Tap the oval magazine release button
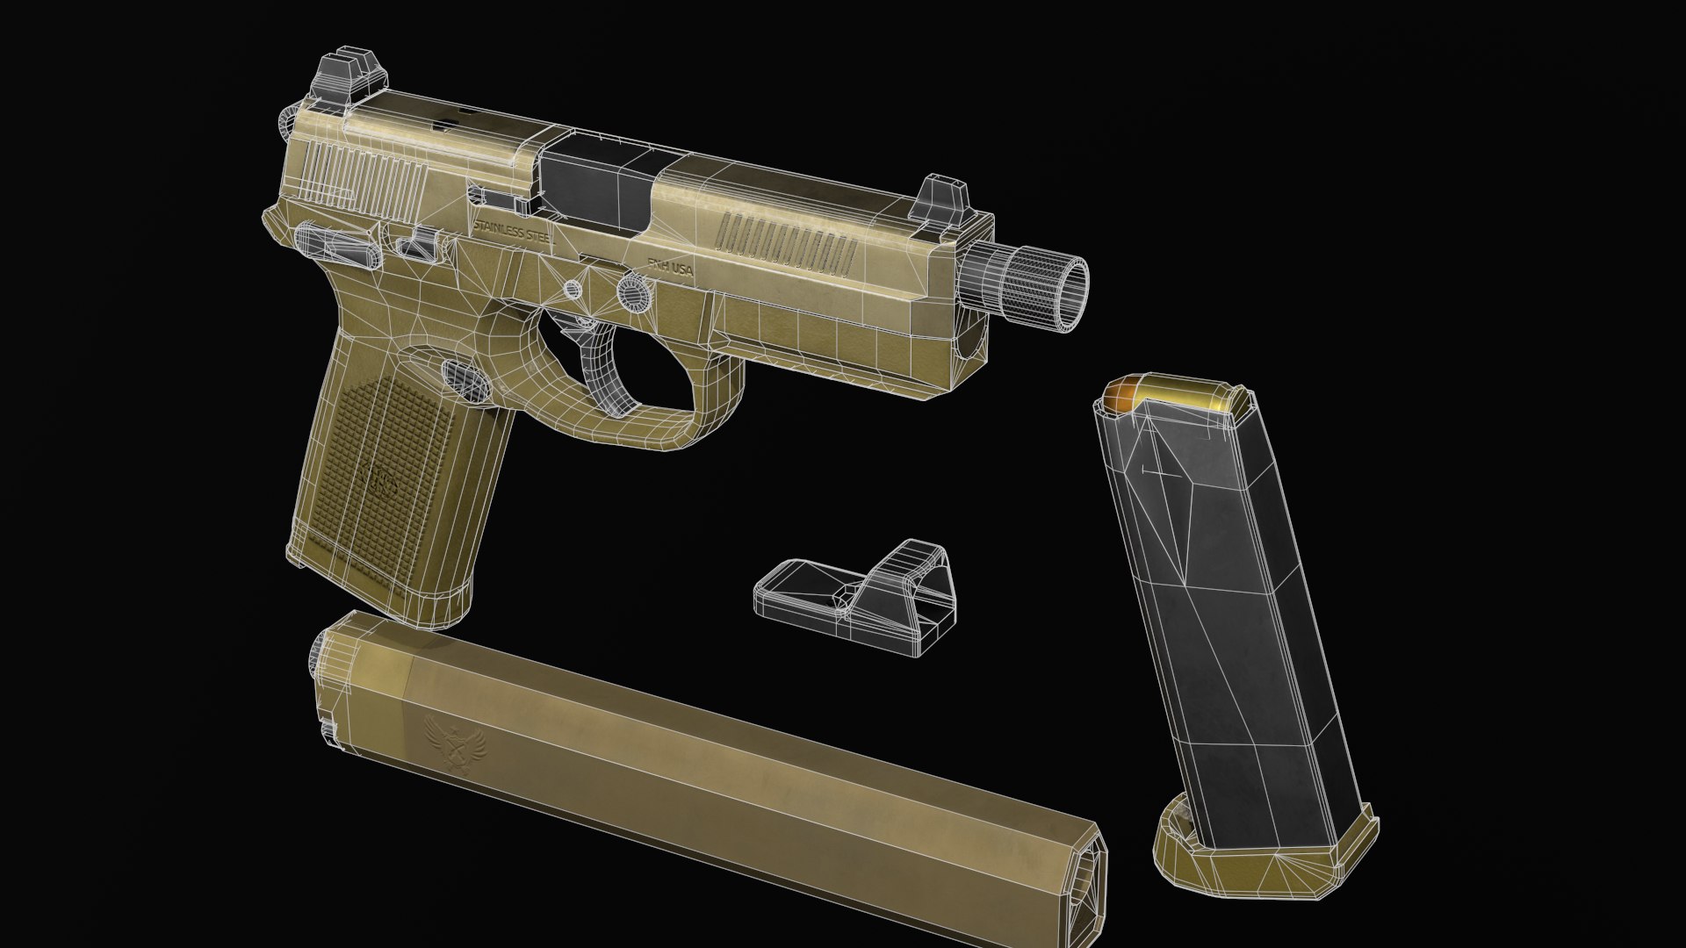(x=465, y=380)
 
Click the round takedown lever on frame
(x=634, y=291)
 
